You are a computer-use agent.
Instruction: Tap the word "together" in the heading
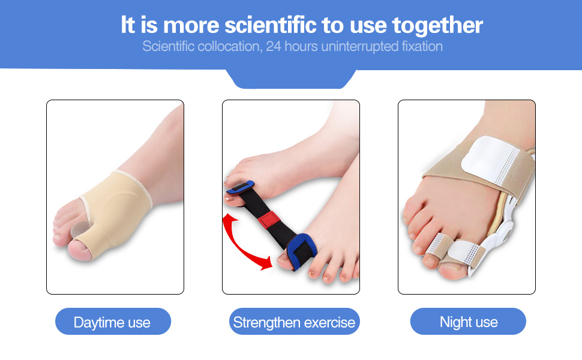(437, 25)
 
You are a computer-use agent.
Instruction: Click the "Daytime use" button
(112, 322)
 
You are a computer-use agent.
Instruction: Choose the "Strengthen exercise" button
(294, 322)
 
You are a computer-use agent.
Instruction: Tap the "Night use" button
(469, 322)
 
